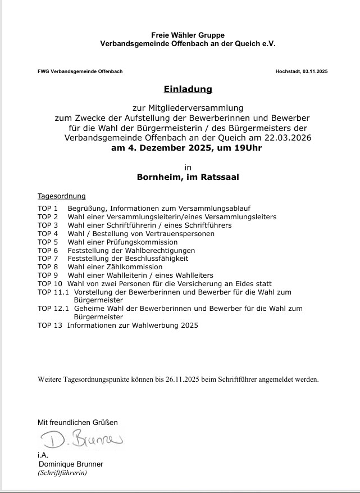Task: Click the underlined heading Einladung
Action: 188,89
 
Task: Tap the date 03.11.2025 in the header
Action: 315,71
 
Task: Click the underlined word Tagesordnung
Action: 61,196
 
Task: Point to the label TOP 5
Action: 48,242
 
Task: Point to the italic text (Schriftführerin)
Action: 62,473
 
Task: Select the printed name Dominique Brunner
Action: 71,464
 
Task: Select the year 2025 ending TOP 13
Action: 188,325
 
